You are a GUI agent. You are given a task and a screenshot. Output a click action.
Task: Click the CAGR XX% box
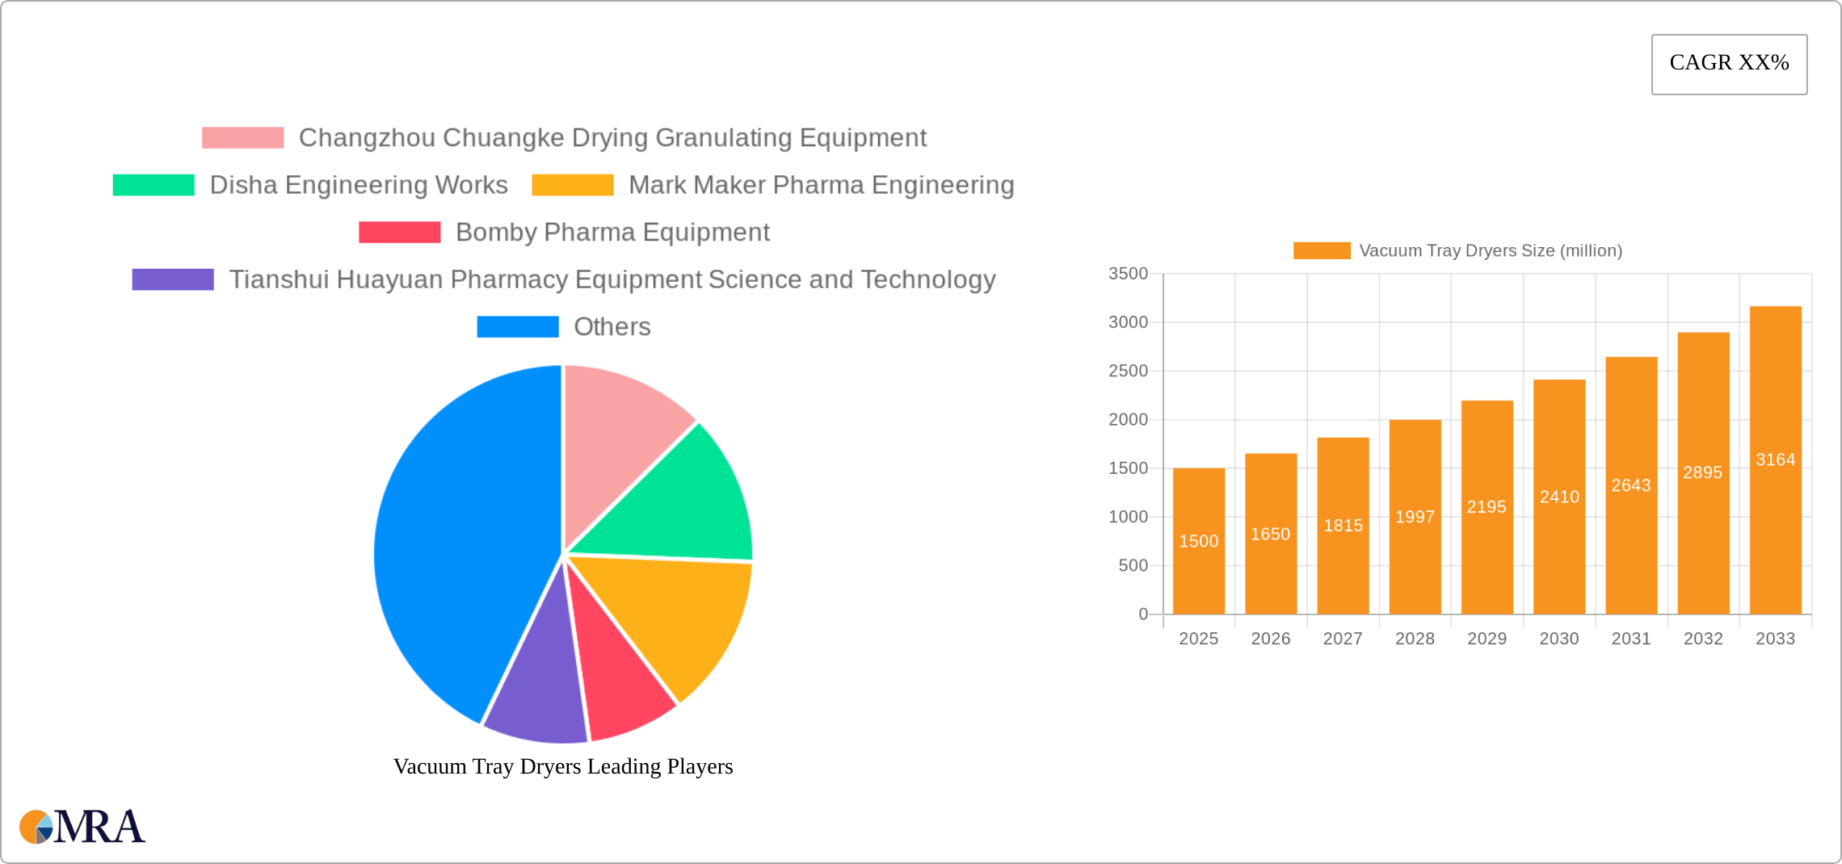coord(1729,64)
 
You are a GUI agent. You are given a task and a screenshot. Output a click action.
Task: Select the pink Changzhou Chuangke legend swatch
coord(242,138)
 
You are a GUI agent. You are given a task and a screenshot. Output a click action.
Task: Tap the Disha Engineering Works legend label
coord(358,185)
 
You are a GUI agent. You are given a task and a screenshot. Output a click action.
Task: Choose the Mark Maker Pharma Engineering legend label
coord(821,185)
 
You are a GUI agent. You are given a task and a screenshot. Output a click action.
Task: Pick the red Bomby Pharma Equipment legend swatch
coord(399,233)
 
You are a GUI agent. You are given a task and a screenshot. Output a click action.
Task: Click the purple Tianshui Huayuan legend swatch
coord(173,279)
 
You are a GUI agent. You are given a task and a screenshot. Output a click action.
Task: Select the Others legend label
coord(612,327)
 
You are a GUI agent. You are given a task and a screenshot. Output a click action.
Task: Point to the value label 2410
coord(1559,497)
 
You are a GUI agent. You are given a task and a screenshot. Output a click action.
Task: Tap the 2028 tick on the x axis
coord(1415,639)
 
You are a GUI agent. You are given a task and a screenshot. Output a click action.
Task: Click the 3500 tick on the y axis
coord(1128,274)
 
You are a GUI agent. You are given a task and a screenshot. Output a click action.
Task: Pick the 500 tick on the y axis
coord(1133,565)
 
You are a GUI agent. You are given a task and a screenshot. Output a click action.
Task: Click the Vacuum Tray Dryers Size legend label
coord(1491,250)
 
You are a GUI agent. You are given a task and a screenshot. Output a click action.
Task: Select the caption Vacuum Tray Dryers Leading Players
coord(563,766)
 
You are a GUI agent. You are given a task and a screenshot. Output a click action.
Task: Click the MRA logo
coord(82,827)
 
